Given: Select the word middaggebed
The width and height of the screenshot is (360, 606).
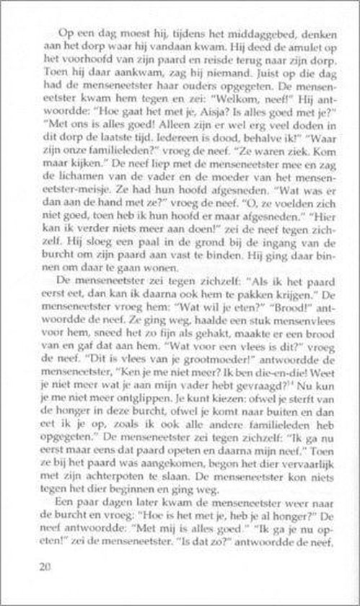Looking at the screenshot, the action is pos(257,35).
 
